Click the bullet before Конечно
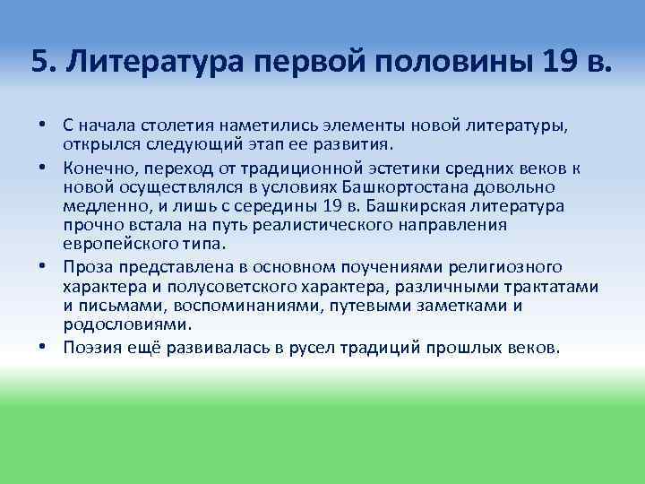click(43, 168)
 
